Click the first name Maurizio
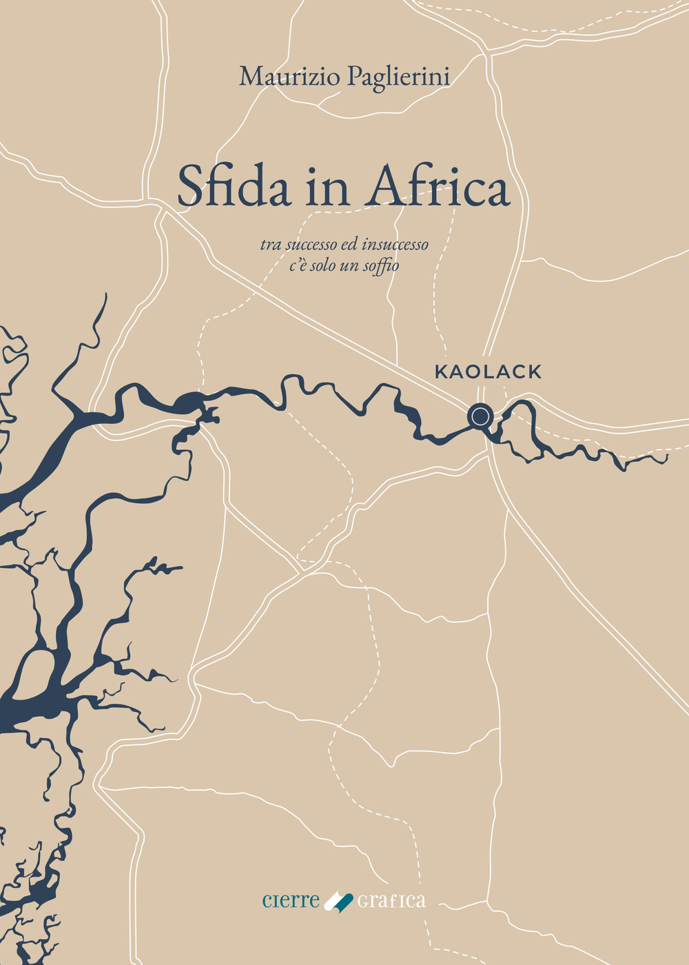tap(289, 77)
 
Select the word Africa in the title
tap(440, 187)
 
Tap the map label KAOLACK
tap(488, 372)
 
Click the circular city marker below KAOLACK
tap(480, 416)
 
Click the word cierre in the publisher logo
tap(291, 900)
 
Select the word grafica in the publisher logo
tap(391, 901)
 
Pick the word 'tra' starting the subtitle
tap(271, 245)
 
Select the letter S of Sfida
tap(189, 187)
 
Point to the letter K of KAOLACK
tap(441, 372)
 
